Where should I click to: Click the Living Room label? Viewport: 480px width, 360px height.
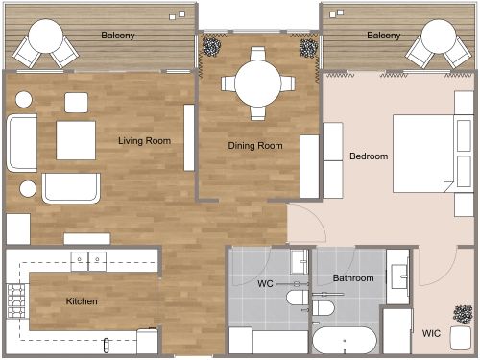pos(144,141)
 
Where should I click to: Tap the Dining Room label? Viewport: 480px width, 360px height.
pos(255,146)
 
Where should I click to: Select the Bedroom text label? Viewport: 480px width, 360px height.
pos(369,156)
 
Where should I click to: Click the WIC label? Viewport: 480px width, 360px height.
pos(432,334)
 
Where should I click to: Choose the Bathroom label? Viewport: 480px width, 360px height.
pos(353,278)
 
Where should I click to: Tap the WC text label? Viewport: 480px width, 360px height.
pos(266,285)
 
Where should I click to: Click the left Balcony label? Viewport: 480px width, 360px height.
pos(117,36)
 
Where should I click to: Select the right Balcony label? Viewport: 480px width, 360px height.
pos(384,36)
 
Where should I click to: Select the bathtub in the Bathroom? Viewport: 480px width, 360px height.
pos(346,343)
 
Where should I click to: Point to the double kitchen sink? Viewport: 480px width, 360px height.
pos(88,260)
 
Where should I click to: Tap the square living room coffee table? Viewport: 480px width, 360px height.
pos(76,140)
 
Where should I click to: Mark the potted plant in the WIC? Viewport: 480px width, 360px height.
pos(463,314)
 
